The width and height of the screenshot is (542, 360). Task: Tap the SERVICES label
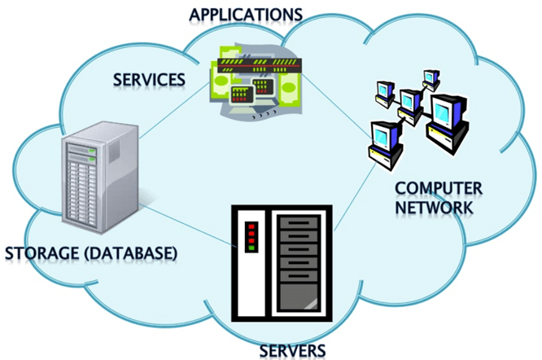(148, 80)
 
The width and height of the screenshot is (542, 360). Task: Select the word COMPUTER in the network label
(439, 188)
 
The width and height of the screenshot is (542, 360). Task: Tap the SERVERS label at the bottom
(292, 350)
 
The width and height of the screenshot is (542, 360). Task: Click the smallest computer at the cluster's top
(429, 77)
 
